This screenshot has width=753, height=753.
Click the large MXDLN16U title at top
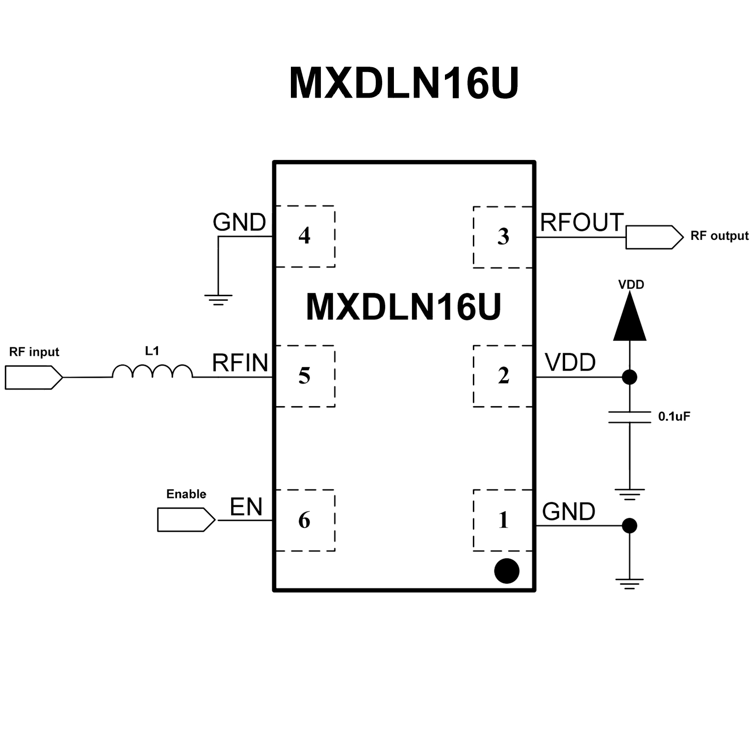403,83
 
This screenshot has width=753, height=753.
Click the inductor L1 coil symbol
152,372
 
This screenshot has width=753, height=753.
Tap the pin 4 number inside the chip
304,236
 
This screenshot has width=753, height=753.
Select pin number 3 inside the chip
503,237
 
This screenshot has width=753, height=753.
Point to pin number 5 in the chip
304,376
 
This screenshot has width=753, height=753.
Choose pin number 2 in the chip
503,376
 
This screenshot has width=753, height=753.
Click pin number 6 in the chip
304,520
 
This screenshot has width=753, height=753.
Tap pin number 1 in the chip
503,520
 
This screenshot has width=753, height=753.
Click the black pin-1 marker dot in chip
506,571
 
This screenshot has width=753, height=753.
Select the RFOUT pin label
582,223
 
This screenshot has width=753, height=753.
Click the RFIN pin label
240,364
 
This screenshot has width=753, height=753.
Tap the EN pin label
246,507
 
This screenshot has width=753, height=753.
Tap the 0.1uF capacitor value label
674,417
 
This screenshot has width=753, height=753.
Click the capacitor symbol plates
629,417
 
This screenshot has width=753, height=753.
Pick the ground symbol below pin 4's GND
218,299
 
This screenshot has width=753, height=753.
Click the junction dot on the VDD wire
629,377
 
